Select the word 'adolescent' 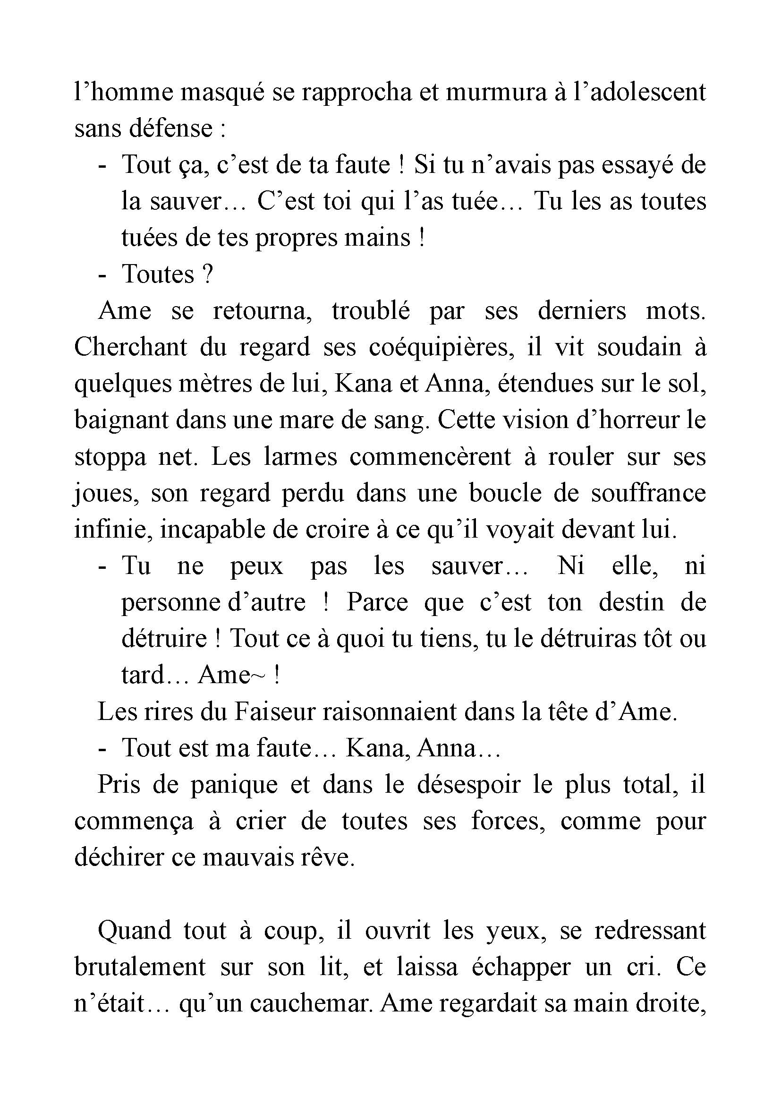coord(647,92)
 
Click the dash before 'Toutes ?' coord(102,275)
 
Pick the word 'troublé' coord(370,311)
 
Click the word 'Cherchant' coord(130,348)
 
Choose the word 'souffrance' coord(648,493)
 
